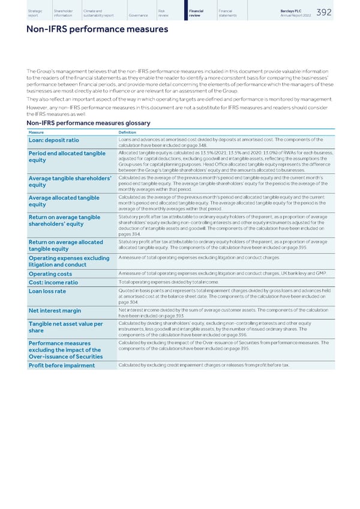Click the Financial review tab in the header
196,13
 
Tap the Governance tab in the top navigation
139,16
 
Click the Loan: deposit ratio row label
53,140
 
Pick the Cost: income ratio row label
53,283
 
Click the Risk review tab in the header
163,13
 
